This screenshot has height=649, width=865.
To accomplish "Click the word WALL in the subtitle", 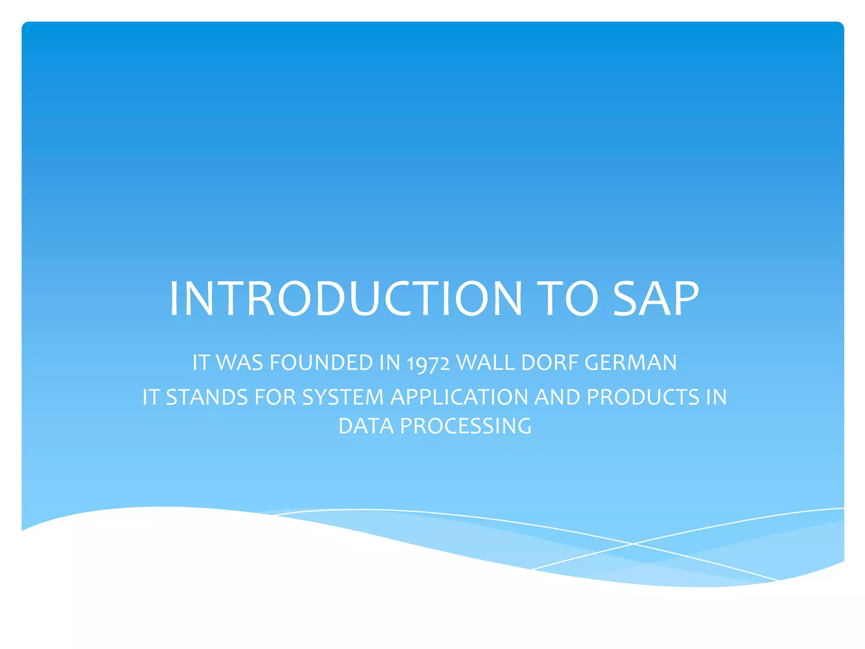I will point(486,363).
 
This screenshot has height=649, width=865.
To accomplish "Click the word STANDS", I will point(207,397).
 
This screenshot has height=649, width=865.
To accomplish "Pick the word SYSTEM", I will point(343,397).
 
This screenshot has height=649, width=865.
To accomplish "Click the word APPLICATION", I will point(459,397).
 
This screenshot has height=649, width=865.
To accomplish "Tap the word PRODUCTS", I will point(643,397).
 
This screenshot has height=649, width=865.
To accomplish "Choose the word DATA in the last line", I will point(366,426).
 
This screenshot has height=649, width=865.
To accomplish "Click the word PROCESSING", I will point(465,426).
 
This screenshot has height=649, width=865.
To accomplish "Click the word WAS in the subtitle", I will point(239,363).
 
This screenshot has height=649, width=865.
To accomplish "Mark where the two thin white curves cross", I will point(633,544).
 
